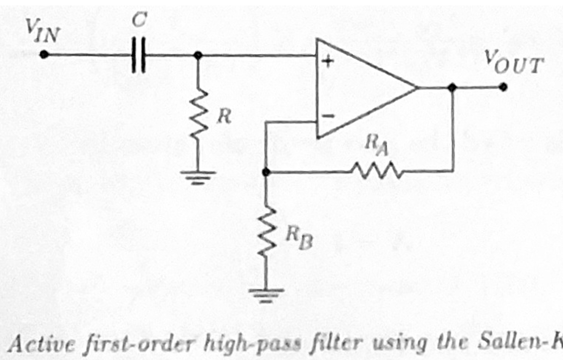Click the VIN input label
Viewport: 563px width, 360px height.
tap(41, 31)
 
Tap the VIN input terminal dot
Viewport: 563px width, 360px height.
tap(43, 54)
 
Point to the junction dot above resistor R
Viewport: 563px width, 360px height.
tap(197, 55)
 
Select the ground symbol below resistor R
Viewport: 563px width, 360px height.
tap(198, 176)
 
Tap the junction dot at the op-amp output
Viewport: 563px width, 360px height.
tap(453, 88)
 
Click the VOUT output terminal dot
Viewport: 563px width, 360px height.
tap(502, 87)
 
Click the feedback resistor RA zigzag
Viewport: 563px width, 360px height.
tap(376, 171)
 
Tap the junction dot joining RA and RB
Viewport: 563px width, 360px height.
tap(265, 172)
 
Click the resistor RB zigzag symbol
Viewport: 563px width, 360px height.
tap(266, 232)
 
